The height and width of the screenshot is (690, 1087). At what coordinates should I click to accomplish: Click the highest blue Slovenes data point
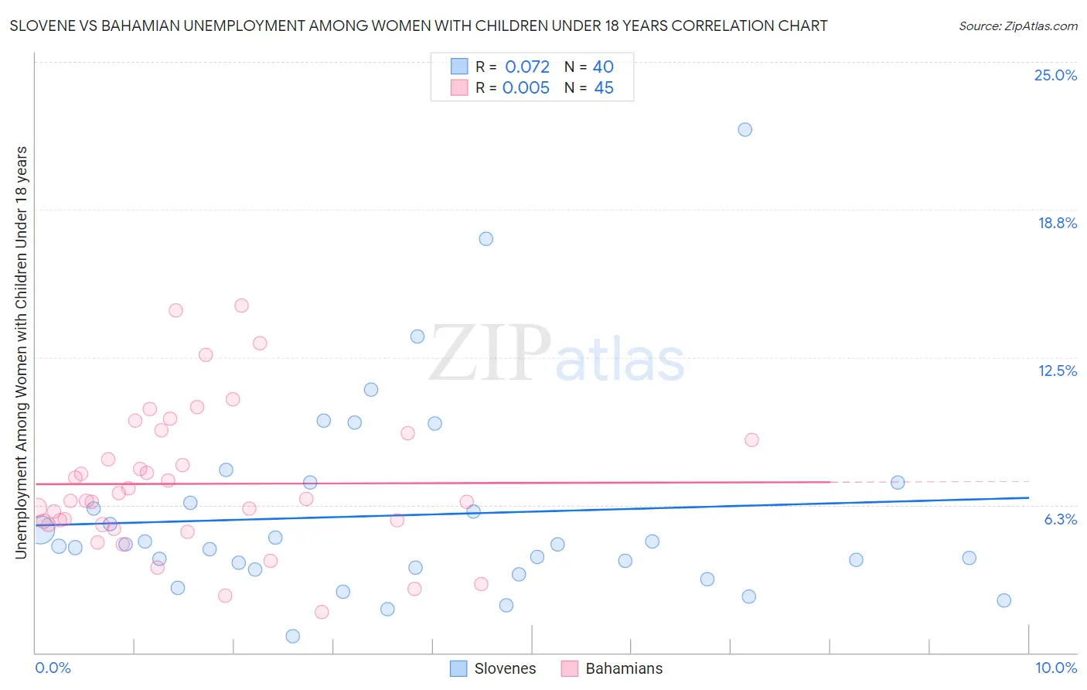coord(745,129)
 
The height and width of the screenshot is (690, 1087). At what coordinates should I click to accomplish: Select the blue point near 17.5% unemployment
coord(486,238)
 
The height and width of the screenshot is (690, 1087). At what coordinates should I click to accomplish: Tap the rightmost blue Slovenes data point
coord(1004,600)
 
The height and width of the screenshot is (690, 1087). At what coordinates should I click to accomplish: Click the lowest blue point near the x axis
coord(292,636)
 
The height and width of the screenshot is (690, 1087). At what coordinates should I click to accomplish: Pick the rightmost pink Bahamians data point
coord(751,439)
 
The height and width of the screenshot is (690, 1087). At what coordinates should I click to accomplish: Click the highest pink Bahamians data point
coord(241,306)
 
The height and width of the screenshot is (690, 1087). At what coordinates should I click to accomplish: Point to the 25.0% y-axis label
coord(1055,75)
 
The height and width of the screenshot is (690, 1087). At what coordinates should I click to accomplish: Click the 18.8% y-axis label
coord(1057,223)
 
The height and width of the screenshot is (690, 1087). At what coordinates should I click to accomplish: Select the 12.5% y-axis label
coord(1057,371)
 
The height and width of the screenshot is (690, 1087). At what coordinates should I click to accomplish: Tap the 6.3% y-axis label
coord(1060,519)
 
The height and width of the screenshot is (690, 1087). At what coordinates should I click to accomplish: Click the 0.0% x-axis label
coord(53,668)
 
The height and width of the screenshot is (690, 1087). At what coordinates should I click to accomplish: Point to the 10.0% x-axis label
coord(1055,668)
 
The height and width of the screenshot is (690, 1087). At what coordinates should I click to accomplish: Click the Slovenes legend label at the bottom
coord(505,668)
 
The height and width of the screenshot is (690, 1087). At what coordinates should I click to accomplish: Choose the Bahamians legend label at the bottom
coord(624,668)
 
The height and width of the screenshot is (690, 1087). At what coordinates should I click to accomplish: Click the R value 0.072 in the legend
coord(526,67)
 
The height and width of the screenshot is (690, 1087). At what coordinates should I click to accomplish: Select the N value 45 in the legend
coord(604,88)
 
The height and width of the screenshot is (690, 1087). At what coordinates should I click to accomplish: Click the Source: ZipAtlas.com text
coord(1017,26)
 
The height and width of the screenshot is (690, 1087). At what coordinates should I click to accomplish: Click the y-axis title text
coord(21,352)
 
